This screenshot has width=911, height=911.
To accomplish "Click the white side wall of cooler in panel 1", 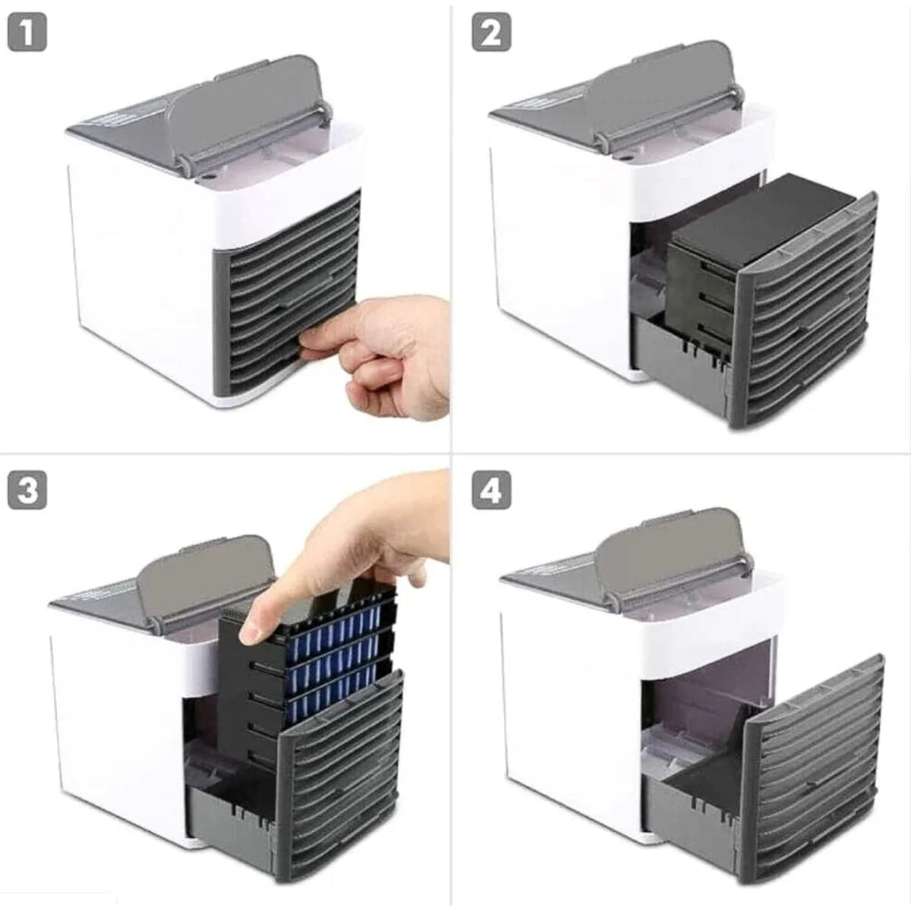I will click(137, 273).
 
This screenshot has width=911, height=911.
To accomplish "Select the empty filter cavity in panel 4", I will click(698, 698).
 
